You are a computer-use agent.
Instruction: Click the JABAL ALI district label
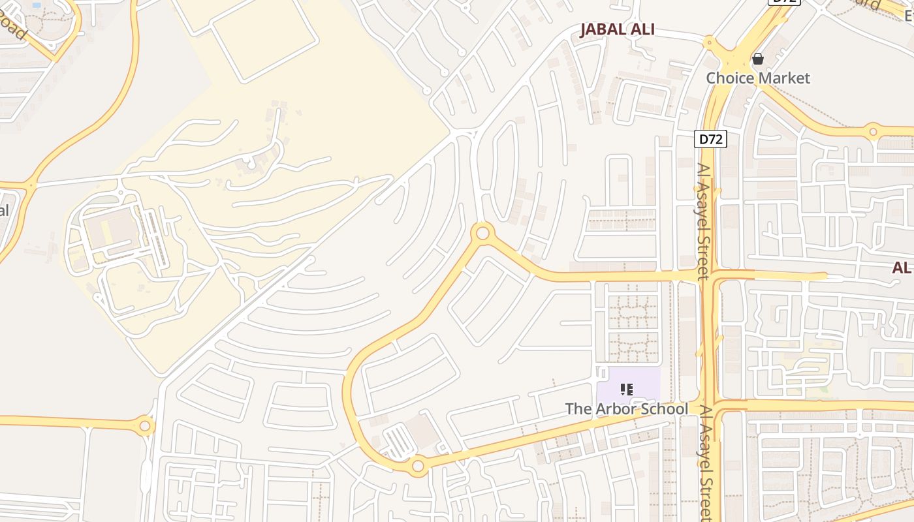pos(617,29)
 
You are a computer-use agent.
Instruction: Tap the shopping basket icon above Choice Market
pos(758,59)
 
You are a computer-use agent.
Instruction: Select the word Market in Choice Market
pos(785,78)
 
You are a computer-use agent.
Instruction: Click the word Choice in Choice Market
pos(731,78)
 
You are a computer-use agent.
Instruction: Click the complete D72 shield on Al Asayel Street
pos(711,139)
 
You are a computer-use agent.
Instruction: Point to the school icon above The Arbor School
pos(627,390)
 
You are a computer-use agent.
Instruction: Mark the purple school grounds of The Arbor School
pos(643,385)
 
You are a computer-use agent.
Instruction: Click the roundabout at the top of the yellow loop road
pos(482,232)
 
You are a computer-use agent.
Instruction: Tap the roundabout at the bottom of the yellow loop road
pos(418,467)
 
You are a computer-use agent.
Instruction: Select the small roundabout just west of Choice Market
pos(710,44)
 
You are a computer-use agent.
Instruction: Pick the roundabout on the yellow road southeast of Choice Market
pos(874,132)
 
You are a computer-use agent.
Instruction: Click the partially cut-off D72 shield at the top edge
pos(783,2)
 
